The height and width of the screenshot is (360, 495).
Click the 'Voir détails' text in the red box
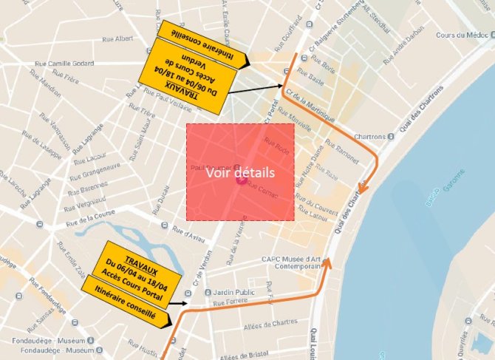[x=240, y=172]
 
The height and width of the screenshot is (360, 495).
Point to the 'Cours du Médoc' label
[x=462, y=35]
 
